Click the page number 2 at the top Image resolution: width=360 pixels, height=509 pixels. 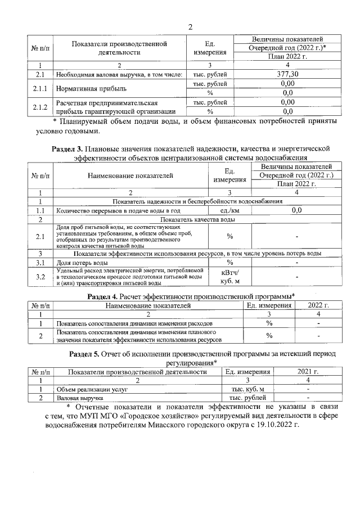pyautogui.click(x=190, y=27)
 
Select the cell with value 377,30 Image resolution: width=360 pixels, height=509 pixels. pyautogui.click(x=288, y=74)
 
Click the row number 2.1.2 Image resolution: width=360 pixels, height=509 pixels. pyautogui.click(x=40, y=107)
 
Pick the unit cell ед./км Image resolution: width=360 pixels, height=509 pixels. pyautogui.click(x=229, y=210)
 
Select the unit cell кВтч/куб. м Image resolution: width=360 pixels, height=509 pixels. pyautogui.click(x=229, y=276)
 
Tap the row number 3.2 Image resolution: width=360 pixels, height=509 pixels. pyautogui.click(x=40, y=276)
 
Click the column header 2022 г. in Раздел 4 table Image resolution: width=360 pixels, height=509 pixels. pyautogui.click(x=318, y=305)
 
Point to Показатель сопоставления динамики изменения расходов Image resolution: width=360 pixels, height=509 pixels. pyautogui.click(x=134, y=323)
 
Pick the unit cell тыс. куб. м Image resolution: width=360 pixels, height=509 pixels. pyautogui.click(x=247, y=389)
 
